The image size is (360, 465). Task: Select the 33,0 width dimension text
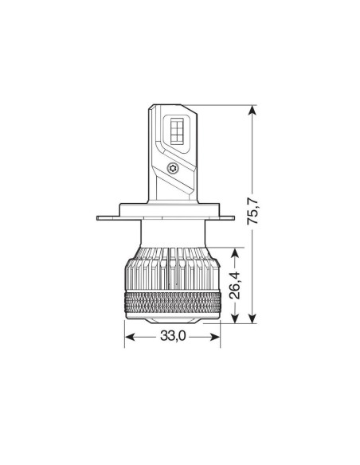[172, 337]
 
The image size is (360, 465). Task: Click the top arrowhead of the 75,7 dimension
[253, 111]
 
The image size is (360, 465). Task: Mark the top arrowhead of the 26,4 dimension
[236, 252]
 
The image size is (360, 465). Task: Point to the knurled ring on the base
[173, 303]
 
